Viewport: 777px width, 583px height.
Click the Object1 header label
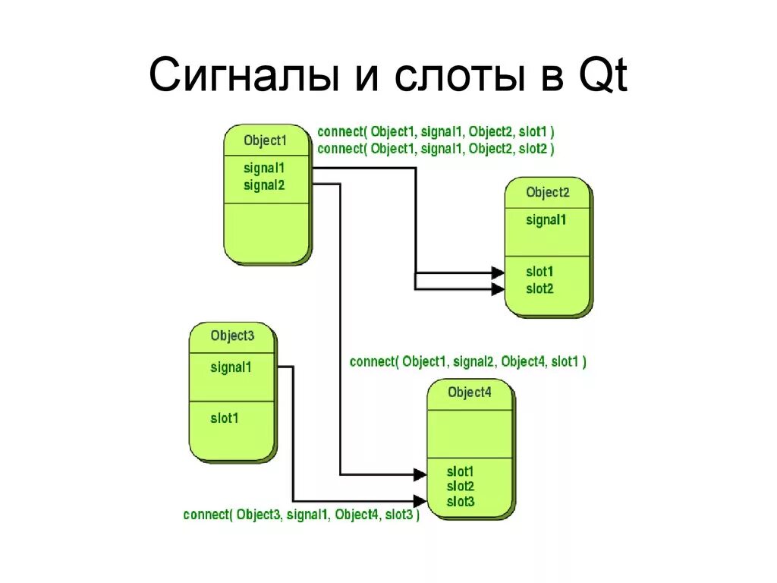click(x=266, y=140)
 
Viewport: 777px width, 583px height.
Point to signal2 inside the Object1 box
click(x=264, y=184)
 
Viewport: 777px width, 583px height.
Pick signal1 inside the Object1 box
click(x=264, y=168)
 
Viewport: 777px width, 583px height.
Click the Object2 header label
click(x=547, y=192)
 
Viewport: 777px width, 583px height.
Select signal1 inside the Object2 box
click(x=546, y=220)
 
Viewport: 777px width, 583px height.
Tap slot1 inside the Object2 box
click(x=539, y=272)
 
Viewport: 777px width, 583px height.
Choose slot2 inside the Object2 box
click(x=539, y=288)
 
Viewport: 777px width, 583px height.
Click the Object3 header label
click(x=232, y=336)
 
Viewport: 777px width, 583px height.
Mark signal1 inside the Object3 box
click(x=231, y=367)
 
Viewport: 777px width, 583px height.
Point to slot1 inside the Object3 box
click(x=224, y=418)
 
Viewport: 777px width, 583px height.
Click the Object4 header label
click(x=469, y=392)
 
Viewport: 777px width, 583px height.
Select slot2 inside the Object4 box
click(x=461, y=486)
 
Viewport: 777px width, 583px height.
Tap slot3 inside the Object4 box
click(x=461, y=501)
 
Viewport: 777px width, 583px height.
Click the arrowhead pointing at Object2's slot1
click(x=498, y=273)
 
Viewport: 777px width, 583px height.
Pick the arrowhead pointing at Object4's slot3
click(x=420, y=500)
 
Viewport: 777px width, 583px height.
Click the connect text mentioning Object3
click(x=301, y=515)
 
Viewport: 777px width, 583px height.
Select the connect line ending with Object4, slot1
click(x=467, y=362)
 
